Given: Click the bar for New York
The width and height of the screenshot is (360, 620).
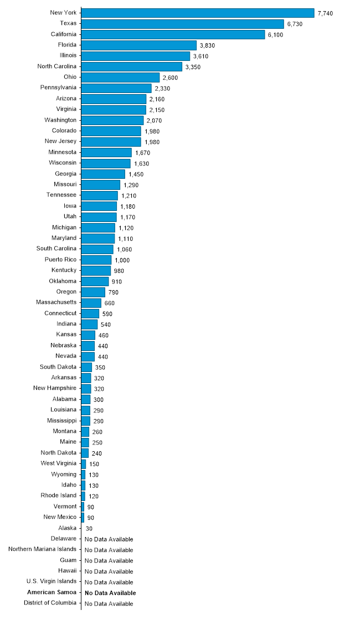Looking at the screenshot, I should (198, 13).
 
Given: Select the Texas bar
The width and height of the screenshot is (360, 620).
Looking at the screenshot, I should (182, 24).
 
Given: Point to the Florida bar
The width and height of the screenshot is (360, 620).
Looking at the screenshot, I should (139, 45).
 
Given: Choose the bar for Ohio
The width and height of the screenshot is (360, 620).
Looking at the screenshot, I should (120, 77).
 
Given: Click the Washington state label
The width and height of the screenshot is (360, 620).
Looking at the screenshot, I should (60, 120).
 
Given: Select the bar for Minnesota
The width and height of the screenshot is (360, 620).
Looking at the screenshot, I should (106, 152).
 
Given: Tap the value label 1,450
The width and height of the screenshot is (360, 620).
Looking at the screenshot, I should (136, 174).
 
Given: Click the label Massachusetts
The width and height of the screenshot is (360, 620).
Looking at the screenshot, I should (56, 302).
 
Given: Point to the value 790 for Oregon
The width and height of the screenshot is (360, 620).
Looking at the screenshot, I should (113, 292).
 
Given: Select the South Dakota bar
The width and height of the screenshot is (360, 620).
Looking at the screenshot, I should (86, 367).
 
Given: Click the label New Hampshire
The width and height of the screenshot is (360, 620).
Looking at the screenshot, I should (55, 388).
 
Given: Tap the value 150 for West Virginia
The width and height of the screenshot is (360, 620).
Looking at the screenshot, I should (94, 464).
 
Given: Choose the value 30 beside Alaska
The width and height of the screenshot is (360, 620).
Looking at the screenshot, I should (89, 529).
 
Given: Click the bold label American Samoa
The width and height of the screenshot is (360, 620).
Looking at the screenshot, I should (52, 592).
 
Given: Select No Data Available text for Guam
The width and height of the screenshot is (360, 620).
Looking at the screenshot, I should (109, 561).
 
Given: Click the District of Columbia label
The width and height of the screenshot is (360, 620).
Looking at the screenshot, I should (50, 603).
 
